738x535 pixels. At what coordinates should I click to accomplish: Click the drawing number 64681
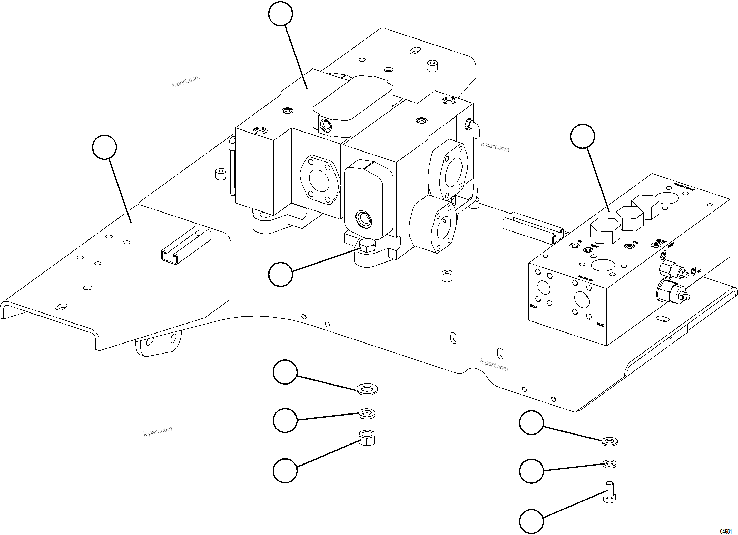[x=725, y=530]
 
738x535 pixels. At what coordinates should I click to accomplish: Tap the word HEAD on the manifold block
[x=600, y=325]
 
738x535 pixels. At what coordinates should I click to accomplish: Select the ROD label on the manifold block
[x=533, y=306]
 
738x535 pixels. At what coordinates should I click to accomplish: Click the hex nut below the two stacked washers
[x=367, y=437]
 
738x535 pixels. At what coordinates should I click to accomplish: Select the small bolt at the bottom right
[x=609, y=492]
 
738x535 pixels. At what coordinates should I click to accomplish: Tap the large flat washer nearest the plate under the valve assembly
[x=367, y=389]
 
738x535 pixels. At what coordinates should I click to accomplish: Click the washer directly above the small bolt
[x=610, y=464]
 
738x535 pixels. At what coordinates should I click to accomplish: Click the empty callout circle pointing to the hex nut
[x=285, y=471]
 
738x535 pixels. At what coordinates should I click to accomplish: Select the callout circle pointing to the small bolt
[x=531, y=521]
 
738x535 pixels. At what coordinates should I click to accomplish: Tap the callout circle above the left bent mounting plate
[x=104, y=147]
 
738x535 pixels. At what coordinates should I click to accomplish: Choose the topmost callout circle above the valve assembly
[x=280, y=13]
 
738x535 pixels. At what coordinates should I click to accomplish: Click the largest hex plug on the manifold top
[x=605, y=231]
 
